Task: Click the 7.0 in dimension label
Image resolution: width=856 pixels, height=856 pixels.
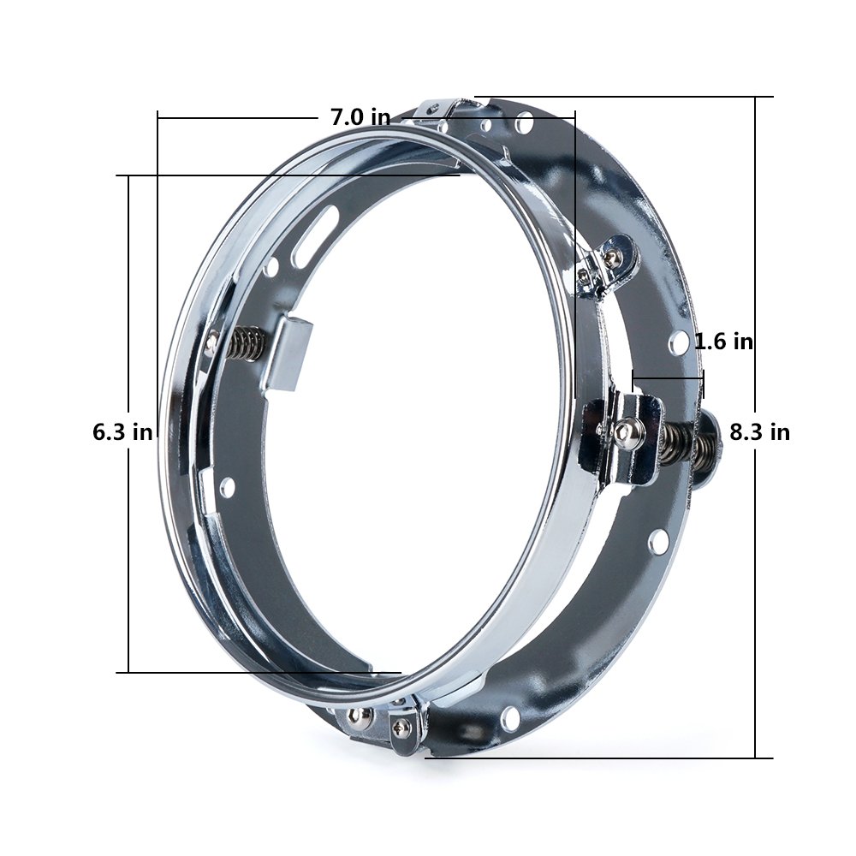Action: pos(360,117)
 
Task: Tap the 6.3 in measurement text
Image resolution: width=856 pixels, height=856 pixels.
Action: pos(122,431)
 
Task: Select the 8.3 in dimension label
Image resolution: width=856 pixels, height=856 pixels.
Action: pos(759,431)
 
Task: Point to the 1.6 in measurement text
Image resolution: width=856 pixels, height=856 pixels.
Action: pos(723,342)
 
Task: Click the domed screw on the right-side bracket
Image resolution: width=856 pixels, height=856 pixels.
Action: pos(630,432)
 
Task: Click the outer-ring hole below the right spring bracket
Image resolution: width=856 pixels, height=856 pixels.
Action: pos(657,541)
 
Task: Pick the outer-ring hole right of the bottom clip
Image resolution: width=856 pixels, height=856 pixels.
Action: pos(511,718)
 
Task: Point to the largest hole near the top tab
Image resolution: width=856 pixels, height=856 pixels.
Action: pos(524,125)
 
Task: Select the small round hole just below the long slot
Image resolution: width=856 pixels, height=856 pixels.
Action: pos(272,267)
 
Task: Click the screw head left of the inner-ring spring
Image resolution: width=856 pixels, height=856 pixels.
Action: pos(211,343)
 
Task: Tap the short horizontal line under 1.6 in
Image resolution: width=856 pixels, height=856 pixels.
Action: pos(668,374)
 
